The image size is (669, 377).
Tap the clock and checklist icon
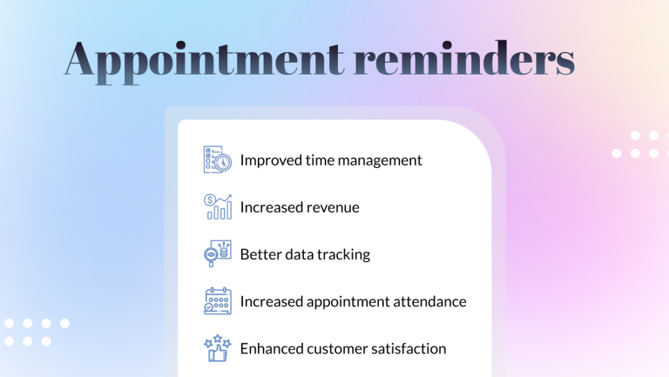point(218,160)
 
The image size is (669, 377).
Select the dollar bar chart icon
point(218,207)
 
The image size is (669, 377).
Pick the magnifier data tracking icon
point(218,253)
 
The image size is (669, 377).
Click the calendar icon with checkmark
point(218,301)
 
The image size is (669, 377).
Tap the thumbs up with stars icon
point(218,348)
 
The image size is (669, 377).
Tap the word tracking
point(344,255)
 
